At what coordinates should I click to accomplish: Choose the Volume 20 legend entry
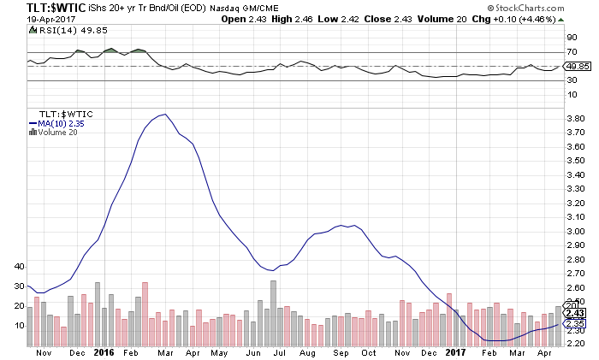(x=57, y=133)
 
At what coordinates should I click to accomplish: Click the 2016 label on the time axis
(x=104, y=351)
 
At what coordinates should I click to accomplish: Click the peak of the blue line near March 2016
(x=163, y=114)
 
